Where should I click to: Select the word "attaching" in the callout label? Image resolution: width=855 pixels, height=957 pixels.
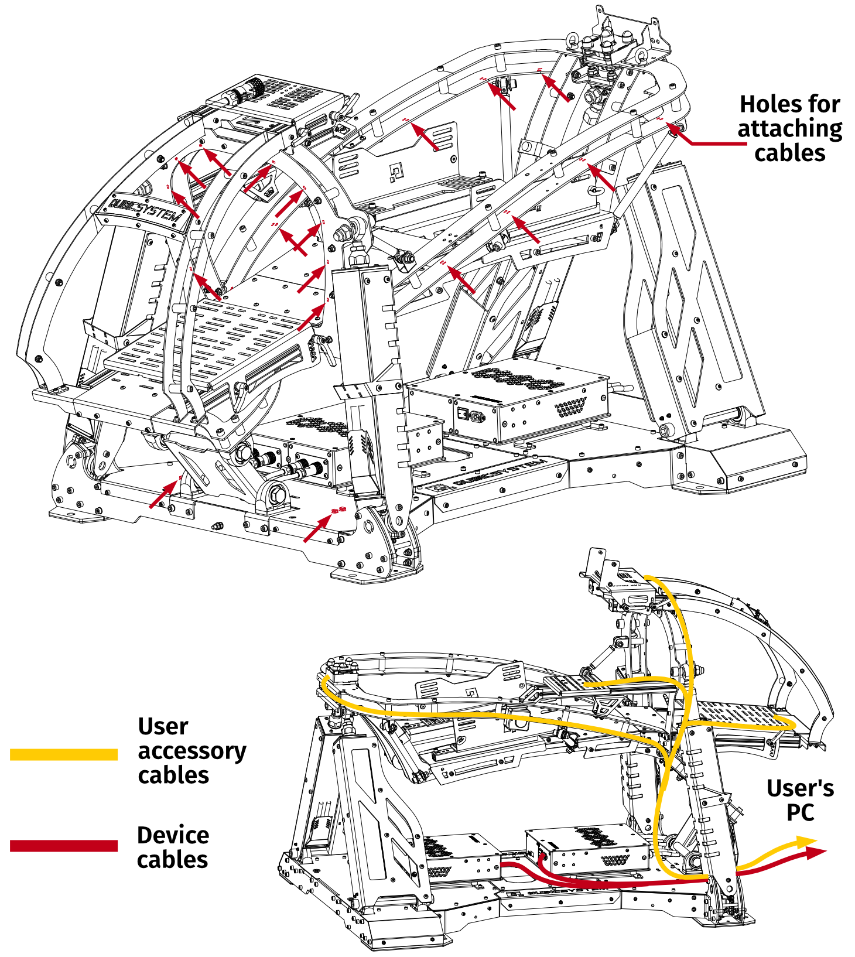(x=789, y=129)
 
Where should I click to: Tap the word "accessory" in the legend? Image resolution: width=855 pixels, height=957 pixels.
(x=192, y=751)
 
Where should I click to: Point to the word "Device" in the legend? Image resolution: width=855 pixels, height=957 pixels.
(x=173, y=835)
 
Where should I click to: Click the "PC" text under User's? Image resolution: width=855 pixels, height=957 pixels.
(x=800, y=812)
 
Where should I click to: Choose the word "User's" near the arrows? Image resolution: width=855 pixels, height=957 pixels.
(x=800, y=788)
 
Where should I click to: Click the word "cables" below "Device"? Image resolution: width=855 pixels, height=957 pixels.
(x=172, y=860)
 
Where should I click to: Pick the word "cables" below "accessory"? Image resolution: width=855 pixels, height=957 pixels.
(x=173, y=775)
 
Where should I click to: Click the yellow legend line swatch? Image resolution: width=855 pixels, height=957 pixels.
(x=64, y=754)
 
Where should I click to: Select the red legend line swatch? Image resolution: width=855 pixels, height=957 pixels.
(x=64, y=846)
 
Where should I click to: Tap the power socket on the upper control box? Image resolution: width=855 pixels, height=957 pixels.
(x=476, y=416)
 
